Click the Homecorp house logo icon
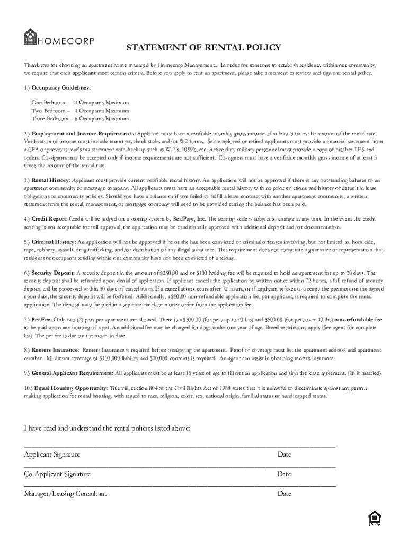(x=30, y=38)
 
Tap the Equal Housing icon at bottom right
(x=374, y=518)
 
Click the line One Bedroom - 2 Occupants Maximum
(x=80, y=102)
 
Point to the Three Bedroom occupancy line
(x=80, y=119)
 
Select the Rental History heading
(x=51, y=181)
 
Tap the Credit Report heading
(x=49, y=219)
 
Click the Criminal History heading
(x=54, y=242)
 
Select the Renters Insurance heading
(x=56, y=351)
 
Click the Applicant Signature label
(x=52, y=454)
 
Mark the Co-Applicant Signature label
(x=57, y=474)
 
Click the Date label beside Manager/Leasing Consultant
(x=284, y=494)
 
